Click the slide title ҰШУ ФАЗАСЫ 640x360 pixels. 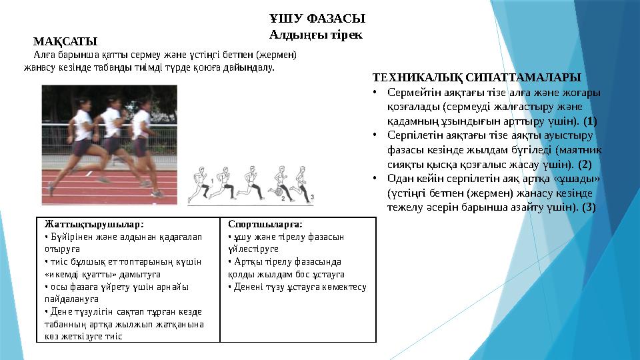click(x=317, y=18)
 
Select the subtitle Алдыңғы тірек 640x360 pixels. click(x=315, y=34)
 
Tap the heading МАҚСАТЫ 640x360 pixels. click(x=65, y=43)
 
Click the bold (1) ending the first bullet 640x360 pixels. click(x=590, y=121)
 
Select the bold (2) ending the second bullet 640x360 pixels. click(x=585, y=163)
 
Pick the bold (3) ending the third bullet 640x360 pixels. click(x=589, y=207)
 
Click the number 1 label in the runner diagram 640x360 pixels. click(x=212, y=181)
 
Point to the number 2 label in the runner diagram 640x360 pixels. click(x=283, y=198)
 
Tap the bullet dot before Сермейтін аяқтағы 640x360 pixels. click(x=376, y=93)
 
